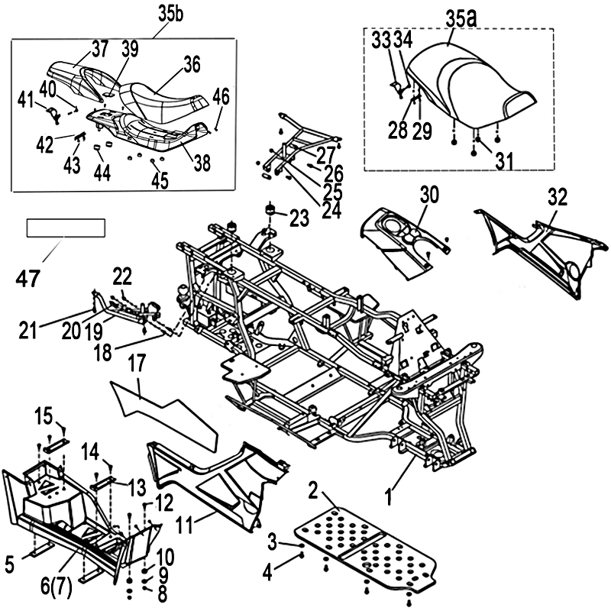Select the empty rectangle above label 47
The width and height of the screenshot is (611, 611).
[65, 228]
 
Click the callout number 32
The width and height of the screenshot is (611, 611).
[558, 197]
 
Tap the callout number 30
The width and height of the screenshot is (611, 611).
[430, 195]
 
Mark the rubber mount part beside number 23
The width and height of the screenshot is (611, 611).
[271, 209]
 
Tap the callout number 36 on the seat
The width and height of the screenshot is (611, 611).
[191, 65]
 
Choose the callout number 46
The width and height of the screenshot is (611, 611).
[221, 97]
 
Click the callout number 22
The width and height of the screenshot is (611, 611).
[123, 275]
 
